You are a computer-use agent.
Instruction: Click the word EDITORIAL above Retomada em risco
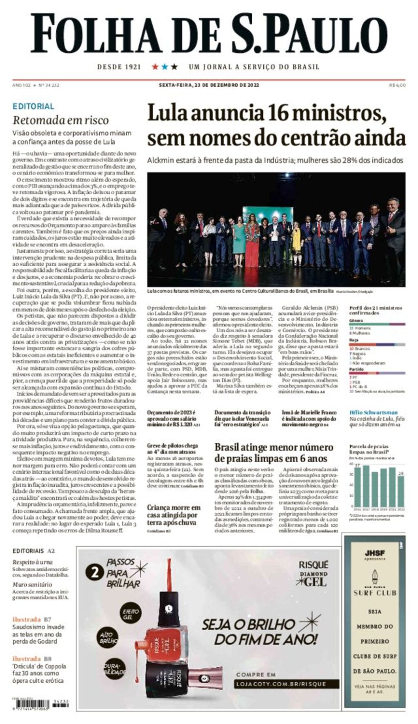pos(33,106)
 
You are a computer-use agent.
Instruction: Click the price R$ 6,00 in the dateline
pos(397,85)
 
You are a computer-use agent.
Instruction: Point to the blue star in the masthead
pos(165,67)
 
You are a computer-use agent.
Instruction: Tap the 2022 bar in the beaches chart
pos(400,491)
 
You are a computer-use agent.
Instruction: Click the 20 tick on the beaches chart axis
pos(351,485)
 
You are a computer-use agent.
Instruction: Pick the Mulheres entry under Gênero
pos(360,333)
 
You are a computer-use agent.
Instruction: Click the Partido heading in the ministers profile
pos(356,369)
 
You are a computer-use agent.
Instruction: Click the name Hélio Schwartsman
pos(373,412)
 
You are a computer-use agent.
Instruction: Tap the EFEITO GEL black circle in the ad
pos(131,614)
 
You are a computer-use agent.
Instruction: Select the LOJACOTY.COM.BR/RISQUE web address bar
pos(287,684)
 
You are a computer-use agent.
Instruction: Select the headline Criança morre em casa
pos(174,515)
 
